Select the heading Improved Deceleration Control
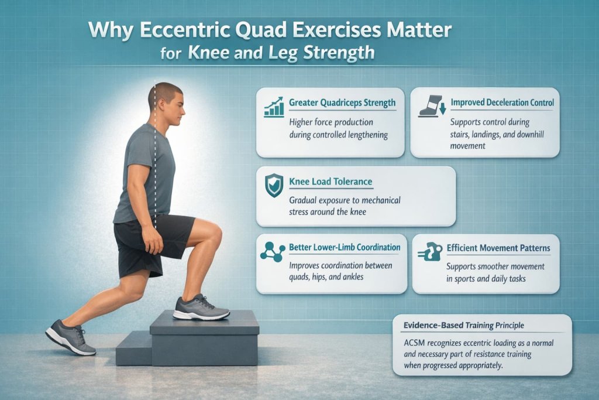pyautogui.click(x=502, y=103)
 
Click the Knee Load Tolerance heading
pyautogui.click(x=331, y=182)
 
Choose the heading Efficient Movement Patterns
pyautogui.click(x=498, y=248)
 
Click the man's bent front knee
pyautogui.click(x=214, y=235)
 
